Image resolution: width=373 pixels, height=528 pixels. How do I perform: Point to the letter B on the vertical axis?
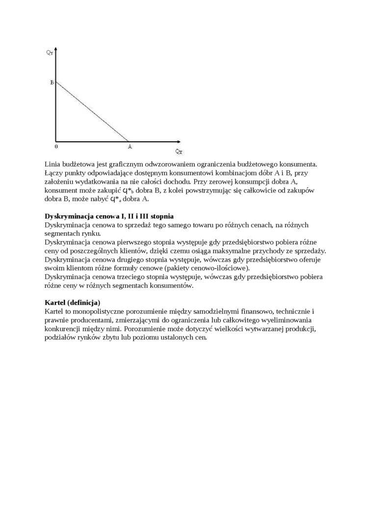(x=52, y=83)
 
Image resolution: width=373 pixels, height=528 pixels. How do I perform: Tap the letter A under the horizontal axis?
(x=130, y=146)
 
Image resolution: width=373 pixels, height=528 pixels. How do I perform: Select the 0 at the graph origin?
(x=56, y=146)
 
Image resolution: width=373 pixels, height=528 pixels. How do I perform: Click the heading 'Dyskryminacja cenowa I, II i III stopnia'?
(x=108, y=216)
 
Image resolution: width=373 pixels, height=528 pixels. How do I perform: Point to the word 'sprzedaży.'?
(x=310, y=251)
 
